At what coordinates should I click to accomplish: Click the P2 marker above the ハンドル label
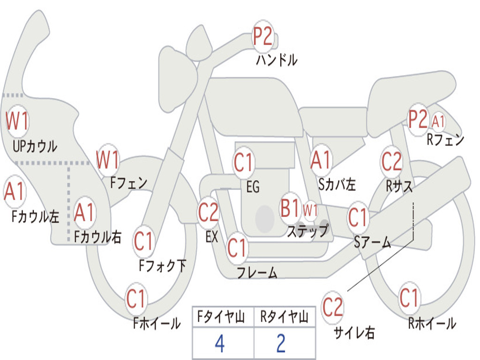pos(262,37)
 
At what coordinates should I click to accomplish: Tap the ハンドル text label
pos(277,60)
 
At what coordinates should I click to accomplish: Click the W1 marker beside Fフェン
pos(107,160)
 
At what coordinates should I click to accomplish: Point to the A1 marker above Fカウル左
pos(14,191)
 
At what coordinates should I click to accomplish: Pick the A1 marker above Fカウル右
pos(84,213)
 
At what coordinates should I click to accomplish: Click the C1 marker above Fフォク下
pos(143,241)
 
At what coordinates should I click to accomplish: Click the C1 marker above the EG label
pos(243,162)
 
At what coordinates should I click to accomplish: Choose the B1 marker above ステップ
pos(290,208)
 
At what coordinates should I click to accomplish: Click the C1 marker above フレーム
pos(237,247)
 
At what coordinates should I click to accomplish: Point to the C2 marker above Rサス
pos(391,162)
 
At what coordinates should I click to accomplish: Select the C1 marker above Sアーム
pos(358,217)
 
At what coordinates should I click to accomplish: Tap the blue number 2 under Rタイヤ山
pos(281,344)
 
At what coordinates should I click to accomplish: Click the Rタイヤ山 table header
pos(284,317)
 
